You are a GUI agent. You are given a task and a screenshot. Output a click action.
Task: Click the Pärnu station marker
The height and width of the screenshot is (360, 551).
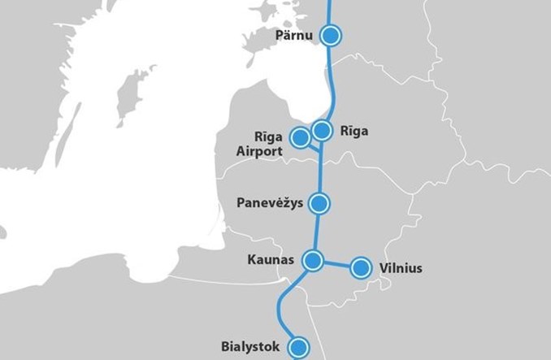point(331,35)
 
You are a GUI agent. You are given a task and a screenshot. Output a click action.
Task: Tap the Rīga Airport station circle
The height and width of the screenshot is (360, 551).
point(300,137)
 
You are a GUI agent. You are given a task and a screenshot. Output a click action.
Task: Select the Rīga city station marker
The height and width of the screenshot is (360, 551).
point(323,130)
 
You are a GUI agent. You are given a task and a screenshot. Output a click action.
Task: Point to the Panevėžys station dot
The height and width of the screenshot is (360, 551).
point(322,203)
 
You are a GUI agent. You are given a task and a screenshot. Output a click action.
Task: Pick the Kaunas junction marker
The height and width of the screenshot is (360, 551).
point(313,260)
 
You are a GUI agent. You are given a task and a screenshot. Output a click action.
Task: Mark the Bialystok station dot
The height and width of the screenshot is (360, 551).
point(301,347)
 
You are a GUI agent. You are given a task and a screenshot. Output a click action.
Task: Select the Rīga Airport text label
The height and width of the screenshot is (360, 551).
point(258,143)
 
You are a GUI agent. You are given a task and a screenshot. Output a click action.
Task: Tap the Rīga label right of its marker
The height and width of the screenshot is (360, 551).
point(354,130)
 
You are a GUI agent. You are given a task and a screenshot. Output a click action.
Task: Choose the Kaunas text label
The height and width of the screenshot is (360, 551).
point(271,260)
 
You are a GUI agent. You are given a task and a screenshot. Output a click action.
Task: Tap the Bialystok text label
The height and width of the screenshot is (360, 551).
point(250,347)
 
